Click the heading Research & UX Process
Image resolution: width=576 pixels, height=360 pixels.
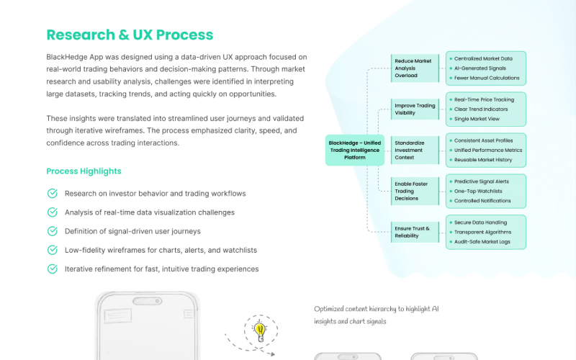[130, 35]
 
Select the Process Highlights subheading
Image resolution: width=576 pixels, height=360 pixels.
[84, 171]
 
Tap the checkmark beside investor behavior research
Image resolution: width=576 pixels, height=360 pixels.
[52, 194]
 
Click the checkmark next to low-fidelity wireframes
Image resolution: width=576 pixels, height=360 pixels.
[52, 250]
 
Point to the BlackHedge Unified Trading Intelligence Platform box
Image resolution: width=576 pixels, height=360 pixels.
[354, 150]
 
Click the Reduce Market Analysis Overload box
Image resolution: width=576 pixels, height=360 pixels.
[413, 68]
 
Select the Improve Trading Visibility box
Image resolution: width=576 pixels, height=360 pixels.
[415, 109]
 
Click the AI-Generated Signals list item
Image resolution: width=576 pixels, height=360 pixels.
[482, 68]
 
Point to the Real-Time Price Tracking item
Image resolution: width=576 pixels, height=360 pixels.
[484, 99]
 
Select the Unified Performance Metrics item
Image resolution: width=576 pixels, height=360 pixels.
[488, 150]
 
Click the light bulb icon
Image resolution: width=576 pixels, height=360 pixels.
[260, 330]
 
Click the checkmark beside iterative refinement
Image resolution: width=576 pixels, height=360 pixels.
[52, 269]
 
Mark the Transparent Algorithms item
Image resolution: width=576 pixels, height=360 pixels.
[482, 232]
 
